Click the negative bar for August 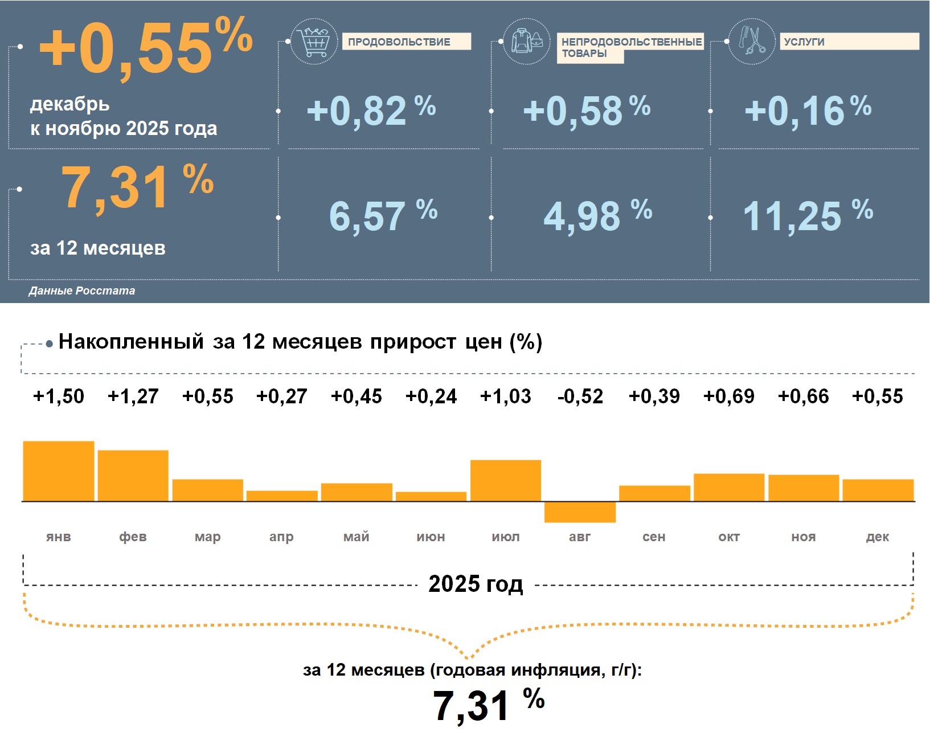pyautogui.click(x=580, y=512)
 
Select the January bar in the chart pyautogui.click(x=59, y=471)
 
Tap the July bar pyautogui.click(x=506, y=480)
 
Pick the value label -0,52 pyautogui.click(x=580, y=396)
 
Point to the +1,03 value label pyautogui.click(x=506, y=396)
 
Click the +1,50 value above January pyautogui.click(x=59, y=396)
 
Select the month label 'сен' pyautogui.click(x=654, y=537)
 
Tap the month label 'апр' pyautogui.click(x=281, y=537)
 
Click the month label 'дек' pyautogui.click(x=877, y=537)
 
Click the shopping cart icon pyautogui.click(x=314, y=41)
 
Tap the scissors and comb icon pyautogui.click(x=752, y=41)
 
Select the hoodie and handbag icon pyautogui.click(x=527, y=41)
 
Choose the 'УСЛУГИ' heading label pyautogui.click(x=804, y=42)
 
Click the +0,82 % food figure pyautogui.click(x=371, y=111)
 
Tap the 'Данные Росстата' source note pyautogui.click(x=82, y=291)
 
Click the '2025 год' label pyautogui.click(x=476, y=584)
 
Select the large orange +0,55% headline pyautogui.click(x=146, y=48)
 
